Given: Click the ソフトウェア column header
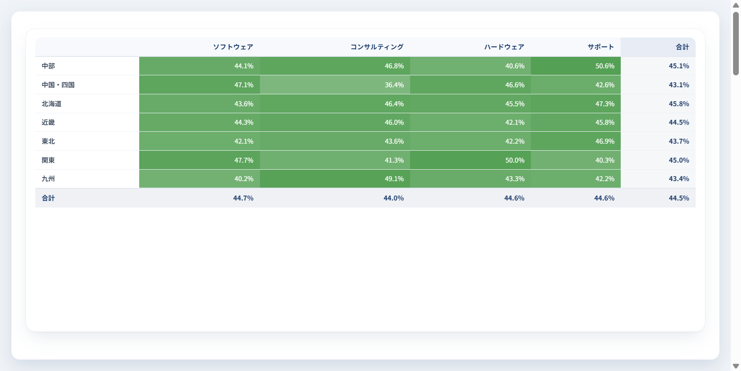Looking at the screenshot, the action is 233,47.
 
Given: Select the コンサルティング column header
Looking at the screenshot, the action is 377,47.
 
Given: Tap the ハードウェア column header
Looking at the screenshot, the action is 504,47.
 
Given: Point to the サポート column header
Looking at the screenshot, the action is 601,47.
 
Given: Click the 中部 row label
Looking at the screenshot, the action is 48,66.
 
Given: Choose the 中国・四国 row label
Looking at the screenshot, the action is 58,85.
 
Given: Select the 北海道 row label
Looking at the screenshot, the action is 52,104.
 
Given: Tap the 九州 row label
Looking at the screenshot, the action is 48,179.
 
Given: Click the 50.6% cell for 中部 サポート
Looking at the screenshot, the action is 576,66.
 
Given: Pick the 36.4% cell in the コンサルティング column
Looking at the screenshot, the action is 335,85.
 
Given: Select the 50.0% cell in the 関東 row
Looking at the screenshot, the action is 471,160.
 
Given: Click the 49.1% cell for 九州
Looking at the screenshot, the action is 335,179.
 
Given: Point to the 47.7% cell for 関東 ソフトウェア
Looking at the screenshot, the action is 200,160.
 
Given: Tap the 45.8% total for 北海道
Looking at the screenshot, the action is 679,104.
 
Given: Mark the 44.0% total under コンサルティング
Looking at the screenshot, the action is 393,198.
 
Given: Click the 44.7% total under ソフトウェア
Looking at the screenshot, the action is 243,198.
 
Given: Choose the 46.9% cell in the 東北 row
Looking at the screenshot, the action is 576,141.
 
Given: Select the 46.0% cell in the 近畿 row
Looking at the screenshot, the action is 335,122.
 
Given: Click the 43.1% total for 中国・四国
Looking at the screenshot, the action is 679,85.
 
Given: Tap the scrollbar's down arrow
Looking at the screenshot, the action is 736,366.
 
